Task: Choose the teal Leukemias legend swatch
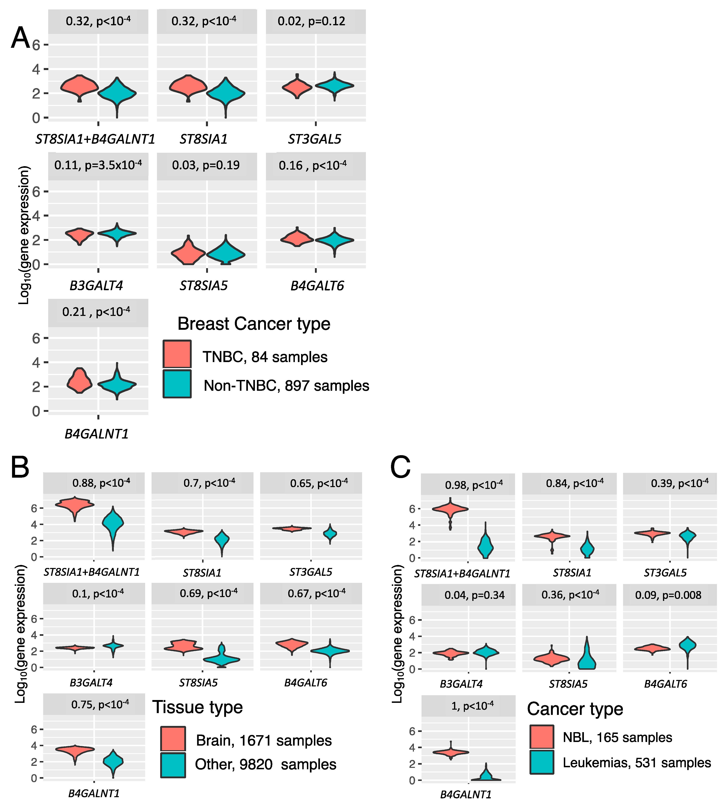point(542,762)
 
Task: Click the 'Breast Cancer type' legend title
point(254,324)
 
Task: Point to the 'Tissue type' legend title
point(198,707)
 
